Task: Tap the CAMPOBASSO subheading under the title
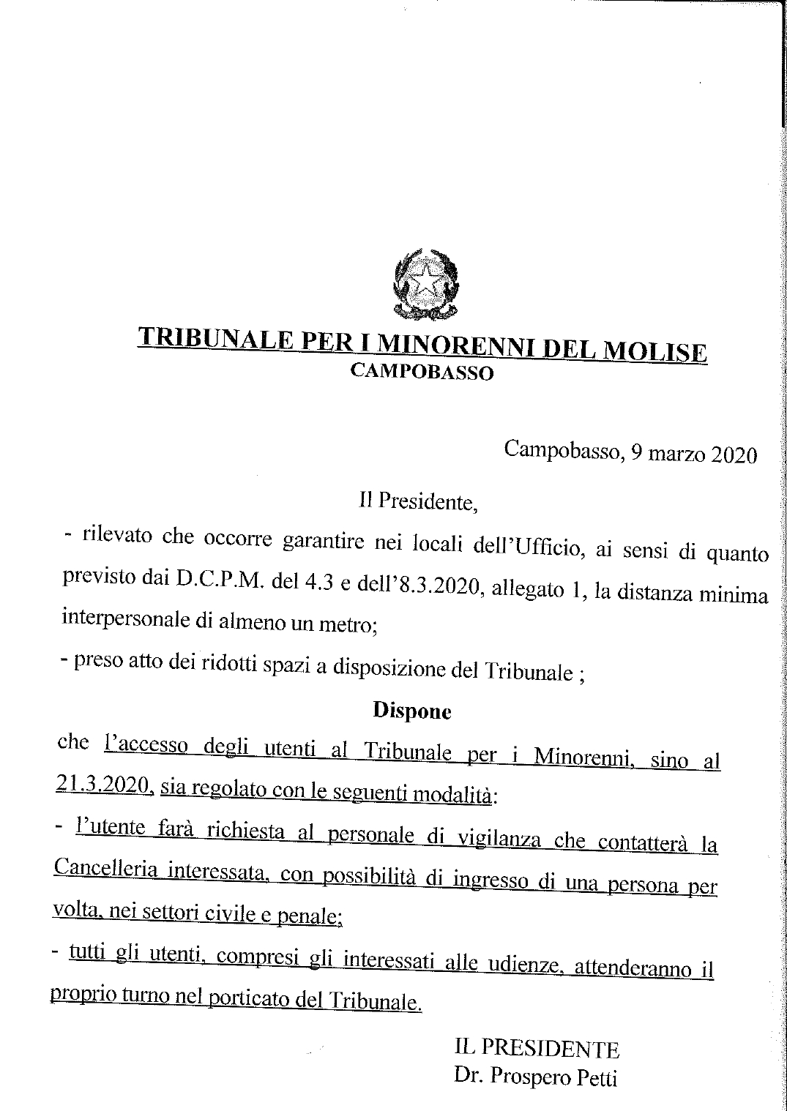422,373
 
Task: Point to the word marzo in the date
665,454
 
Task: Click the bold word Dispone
412,710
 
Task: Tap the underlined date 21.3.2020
103,786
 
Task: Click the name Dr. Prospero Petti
535,1077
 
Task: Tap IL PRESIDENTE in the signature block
537,1049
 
